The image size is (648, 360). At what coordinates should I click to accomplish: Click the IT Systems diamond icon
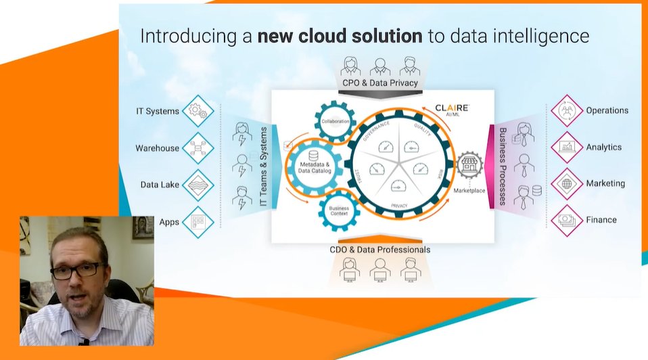pos(198,111)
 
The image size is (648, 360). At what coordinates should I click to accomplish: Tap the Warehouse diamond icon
pos(198,148)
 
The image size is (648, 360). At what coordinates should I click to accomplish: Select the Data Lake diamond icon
pos(198,184)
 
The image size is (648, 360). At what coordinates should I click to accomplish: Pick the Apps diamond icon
pos(198,221)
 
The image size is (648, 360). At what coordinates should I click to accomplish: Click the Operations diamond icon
pos(567,111)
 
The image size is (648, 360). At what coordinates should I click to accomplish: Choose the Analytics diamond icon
pos(567,147)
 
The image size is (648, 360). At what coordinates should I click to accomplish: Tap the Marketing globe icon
pos(567,183)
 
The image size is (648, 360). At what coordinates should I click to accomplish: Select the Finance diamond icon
pos(567,220)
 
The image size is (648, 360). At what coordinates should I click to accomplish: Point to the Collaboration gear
pos(335,122)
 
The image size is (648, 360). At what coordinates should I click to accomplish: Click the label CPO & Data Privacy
pos(379,83)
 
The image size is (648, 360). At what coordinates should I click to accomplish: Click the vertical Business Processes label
pos(503,166)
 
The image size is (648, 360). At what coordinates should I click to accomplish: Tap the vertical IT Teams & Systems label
pos(264,166)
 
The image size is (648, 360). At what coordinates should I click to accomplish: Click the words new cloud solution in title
pos(340,36)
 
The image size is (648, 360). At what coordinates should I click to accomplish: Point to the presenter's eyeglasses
pos(77,271)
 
